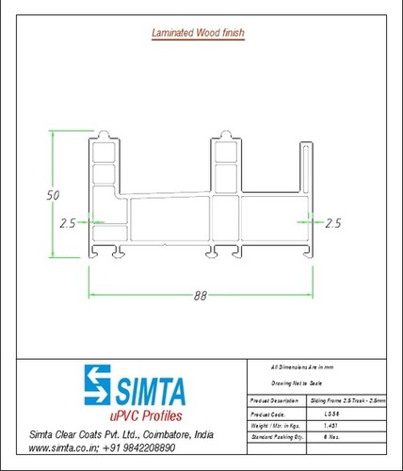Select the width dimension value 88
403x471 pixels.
click(200, 295)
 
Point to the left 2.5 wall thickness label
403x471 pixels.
click(67, 223)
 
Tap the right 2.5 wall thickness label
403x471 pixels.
click(331, 223)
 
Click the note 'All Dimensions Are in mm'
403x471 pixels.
click(301, 365)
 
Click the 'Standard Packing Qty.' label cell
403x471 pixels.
click(275, 437)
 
